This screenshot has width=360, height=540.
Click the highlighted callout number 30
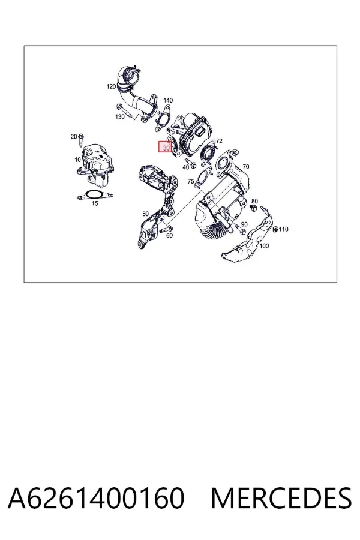[x=167, y=148]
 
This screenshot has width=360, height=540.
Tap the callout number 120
[x=111, y=86]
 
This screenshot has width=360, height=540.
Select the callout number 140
[x=168, y=100]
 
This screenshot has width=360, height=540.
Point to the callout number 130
[x=119, y=117]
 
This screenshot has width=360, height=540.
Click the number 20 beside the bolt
[x=74, y=137]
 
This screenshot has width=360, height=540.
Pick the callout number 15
[x=95, y=203]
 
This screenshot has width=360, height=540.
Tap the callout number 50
[x=145, y=214]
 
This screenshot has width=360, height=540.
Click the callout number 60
[x=169, y=236]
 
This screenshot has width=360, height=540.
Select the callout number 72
[x=219, y=141]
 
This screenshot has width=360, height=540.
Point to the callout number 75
[x=191, y=181]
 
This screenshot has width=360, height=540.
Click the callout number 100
[x=264, y=246]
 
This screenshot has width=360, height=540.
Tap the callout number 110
[x=284, y=229]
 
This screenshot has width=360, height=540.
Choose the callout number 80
[x=254, y=201]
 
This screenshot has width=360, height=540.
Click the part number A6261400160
[x=96, y=498]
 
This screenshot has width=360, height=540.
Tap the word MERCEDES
[x=281, y=498]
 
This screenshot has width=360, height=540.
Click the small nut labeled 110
[x=275, y=229]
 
